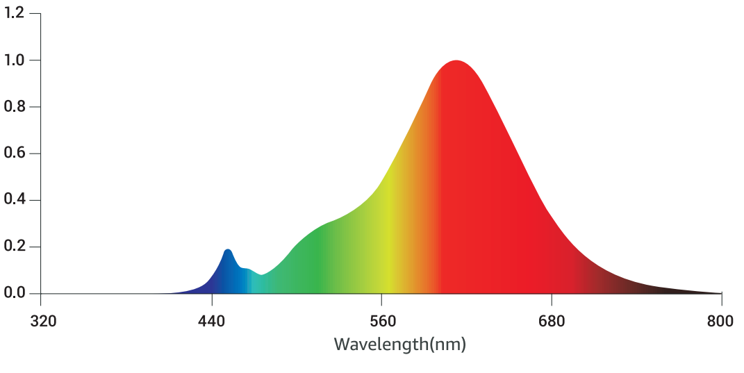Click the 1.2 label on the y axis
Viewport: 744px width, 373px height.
pos(15,13)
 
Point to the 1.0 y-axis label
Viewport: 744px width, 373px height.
pos(15,60)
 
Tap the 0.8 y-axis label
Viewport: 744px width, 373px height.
pos(15,107)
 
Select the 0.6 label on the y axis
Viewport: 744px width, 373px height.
pos(15,154)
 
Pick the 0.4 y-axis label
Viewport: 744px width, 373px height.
pos(15,200)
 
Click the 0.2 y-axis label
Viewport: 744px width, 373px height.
pos(15,247)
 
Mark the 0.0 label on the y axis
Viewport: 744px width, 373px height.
pos(15,293)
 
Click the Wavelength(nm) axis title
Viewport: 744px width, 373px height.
pos(399,344)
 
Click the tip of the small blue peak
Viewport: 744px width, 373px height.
pos(228,250)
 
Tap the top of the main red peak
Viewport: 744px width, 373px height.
pos(456,61)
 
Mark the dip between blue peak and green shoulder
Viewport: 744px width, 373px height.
pos(261,275)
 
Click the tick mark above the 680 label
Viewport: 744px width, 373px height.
pos(552,298)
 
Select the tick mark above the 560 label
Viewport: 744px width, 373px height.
pos(381,298)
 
